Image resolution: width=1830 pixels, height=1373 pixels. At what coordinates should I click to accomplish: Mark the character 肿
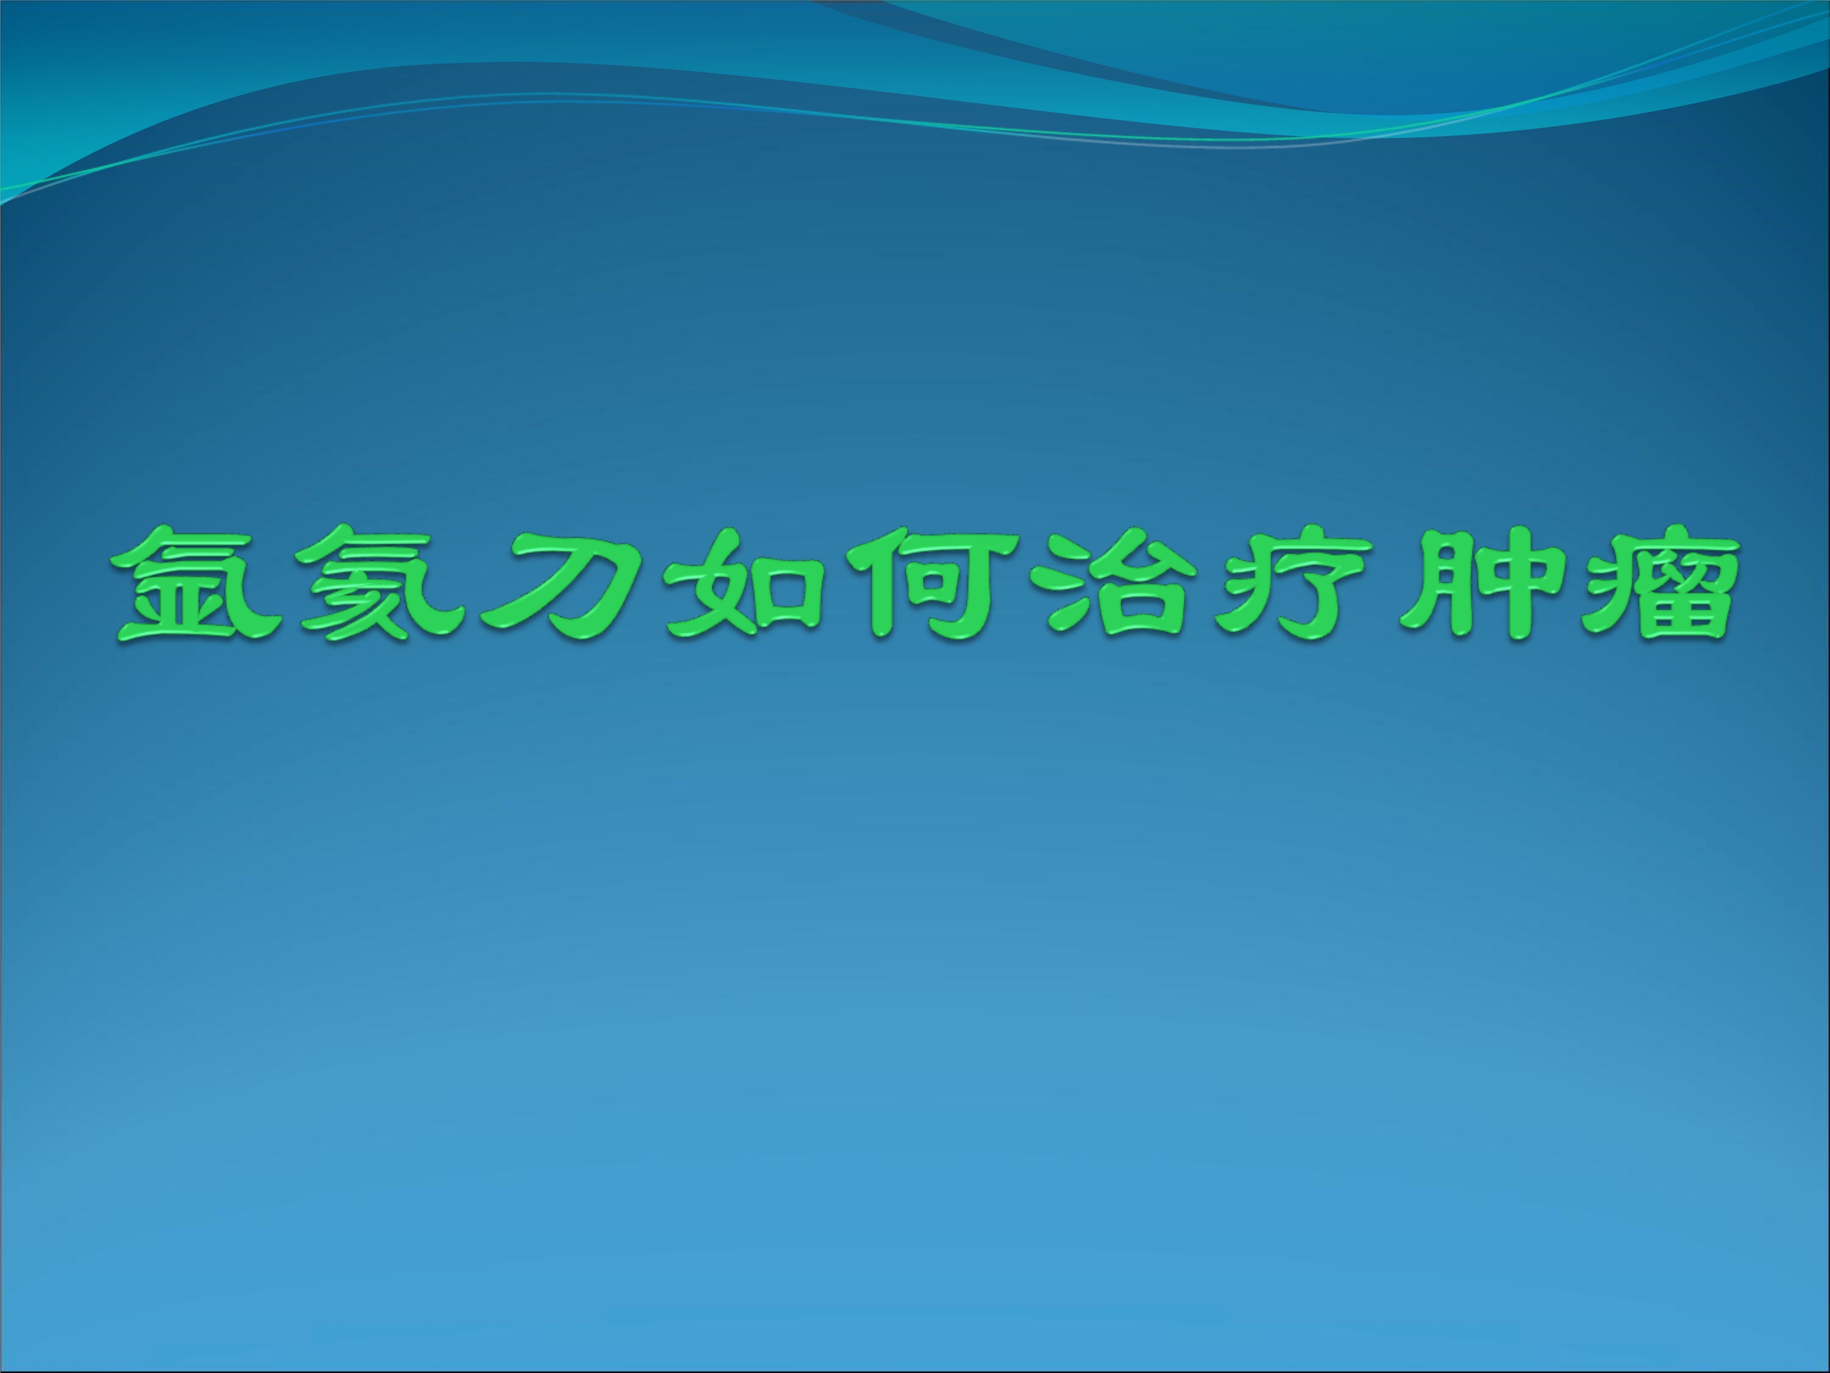click(x=1481, y=585)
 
